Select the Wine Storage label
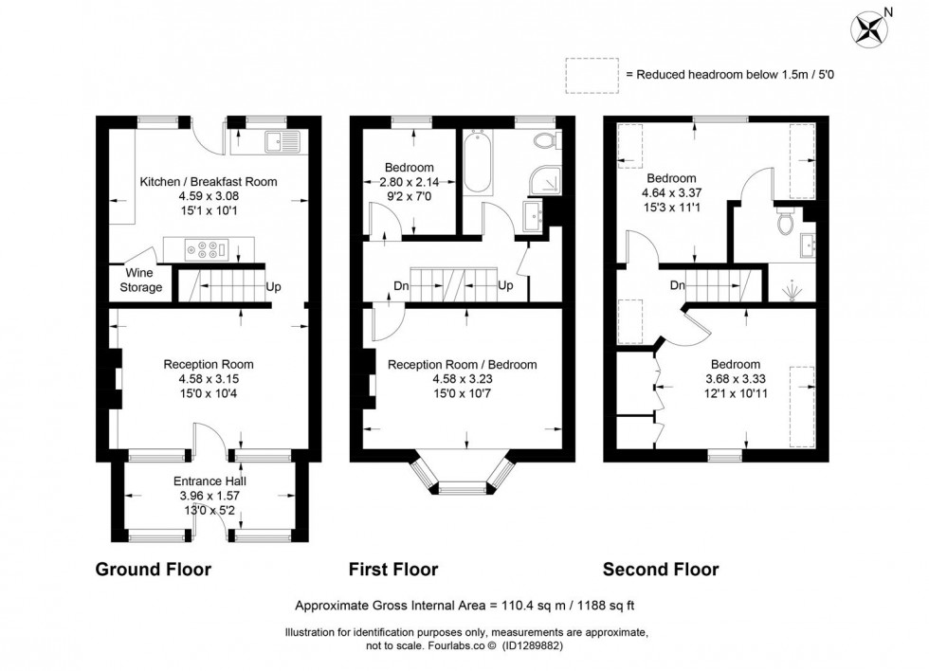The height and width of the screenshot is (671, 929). (x=139, y=280)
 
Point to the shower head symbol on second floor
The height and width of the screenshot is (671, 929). (x=790, y=288)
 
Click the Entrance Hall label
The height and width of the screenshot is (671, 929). (x=209, y=480)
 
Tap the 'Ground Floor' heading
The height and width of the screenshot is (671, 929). (x=153, y=570)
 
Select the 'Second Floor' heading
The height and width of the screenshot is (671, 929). (x=661, y=570)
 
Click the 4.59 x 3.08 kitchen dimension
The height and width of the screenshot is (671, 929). (x=209, y=196)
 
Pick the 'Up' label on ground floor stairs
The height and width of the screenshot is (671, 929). (x=274, y=286)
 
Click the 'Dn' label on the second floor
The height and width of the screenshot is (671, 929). (x=678, y=285)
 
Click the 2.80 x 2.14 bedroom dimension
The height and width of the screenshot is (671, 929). (x=410, y=183)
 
